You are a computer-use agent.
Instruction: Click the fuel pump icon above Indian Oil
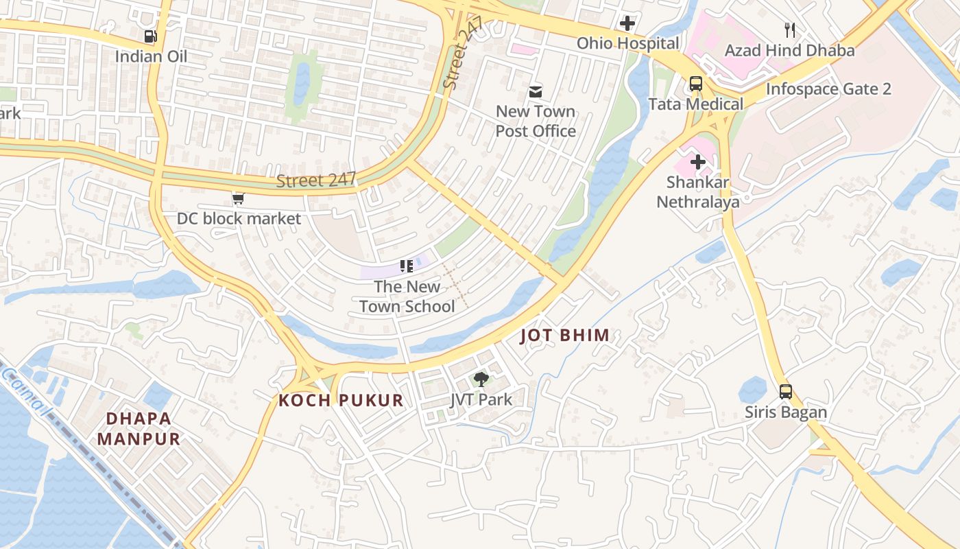pyautogui.click(x=149, y=36)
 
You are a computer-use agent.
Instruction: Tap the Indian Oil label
pyautogui.click(x=151, y=56)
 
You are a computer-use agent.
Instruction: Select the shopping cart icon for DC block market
pyautogui.click(x=238, y=199)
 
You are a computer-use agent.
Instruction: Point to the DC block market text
pyautogui.click(x=239, y=219)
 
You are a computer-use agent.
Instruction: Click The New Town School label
pyautogui.click(x=407, y=296)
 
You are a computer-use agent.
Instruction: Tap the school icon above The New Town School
pyautogui.click(x=407, y=266)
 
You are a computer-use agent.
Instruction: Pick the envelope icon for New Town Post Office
pyautogui.click(x=536, y=91)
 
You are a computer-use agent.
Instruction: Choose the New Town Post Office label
pyautogui.click(x=536, y=121)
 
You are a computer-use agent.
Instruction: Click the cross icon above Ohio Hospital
pyautogui.click(x=627, y=23)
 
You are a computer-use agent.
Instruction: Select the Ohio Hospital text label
pyautogui.click(x=627, y=43)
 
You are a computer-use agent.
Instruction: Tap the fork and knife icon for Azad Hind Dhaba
pyautogui.click(x=790, y=30)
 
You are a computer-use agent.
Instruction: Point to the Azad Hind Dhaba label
pyautogui.click(x=790, y=50)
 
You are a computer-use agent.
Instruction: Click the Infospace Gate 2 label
pyautogui.click(x=828, y=89)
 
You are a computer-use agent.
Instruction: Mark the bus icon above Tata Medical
pyautogui.click(x=696, y=84)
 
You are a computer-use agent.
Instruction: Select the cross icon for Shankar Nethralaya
pyautogui.click(x=698, y=163)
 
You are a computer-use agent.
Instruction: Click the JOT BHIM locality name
pyautogui.click(x=565, y=336)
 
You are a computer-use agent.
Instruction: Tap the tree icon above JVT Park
pyautogui.click(x=481, y=379)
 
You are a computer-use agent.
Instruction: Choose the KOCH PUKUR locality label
pyautogui.click(x=341, y=401)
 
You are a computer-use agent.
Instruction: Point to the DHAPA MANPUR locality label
pyautogui.click(x=139, y=428)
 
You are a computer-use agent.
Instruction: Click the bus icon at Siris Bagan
pyautogui.click(x=786, y=392)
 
